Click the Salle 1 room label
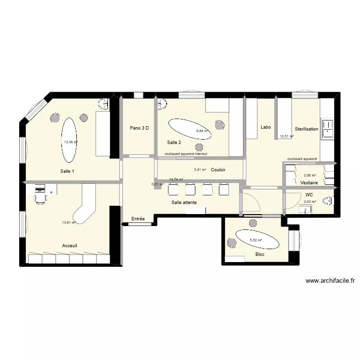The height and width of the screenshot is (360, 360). (67, 171)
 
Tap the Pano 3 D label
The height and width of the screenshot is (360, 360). (139, 128)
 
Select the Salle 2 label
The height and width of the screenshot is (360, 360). (174, 143)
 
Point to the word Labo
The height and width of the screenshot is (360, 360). (265, 127)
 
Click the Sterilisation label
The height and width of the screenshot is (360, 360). (306, 129)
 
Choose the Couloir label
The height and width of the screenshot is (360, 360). (218, 170)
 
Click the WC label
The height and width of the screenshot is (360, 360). (309, 194)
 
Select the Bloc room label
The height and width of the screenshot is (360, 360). (260, 254)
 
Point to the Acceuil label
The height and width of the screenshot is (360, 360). (70, 245)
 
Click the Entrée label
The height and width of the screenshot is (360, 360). (138, 219)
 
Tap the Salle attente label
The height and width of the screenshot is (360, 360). (184, 203)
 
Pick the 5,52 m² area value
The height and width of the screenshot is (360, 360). (256, 240)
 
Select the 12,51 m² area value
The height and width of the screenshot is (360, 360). (287, 136)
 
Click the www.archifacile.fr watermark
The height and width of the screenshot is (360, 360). (329, 281)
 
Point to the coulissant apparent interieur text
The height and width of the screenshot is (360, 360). (186, 154)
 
